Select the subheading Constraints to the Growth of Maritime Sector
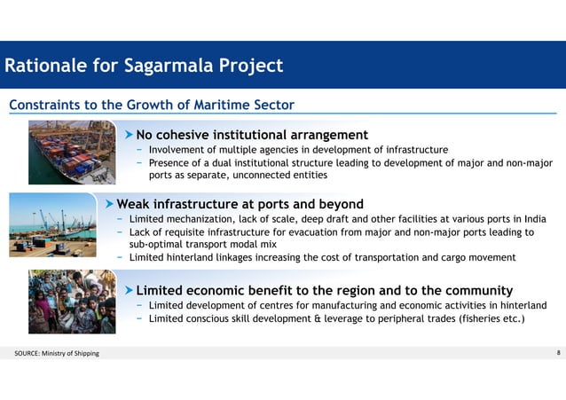pyautogui.click(x=152, y=106)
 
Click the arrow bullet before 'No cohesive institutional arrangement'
pyautogui.click(x=129, y=135)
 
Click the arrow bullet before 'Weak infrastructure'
pyautogui.click(x=109, y=202)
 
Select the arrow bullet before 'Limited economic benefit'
pyautogui.click(x=129, y=290)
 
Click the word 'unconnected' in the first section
pyautogui.click(x=251, y=175)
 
